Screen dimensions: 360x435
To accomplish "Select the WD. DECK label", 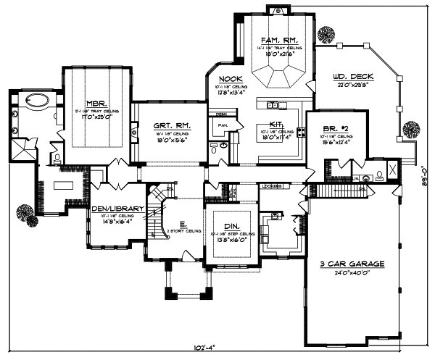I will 353,76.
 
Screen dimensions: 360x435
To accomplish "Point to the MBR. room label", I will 96,104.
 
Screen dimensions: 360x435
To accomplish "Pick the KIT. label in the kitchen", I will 276,124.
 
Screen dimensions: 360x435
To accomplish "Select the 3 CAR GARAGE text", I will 354,264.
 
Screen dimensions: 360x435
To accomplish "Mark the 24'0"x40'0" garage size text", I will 354,274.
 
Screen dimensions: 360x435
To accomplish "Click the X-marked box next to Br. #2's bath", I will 392,170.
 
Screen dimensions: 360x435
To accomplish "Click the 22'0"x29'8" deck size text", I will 353,85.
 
